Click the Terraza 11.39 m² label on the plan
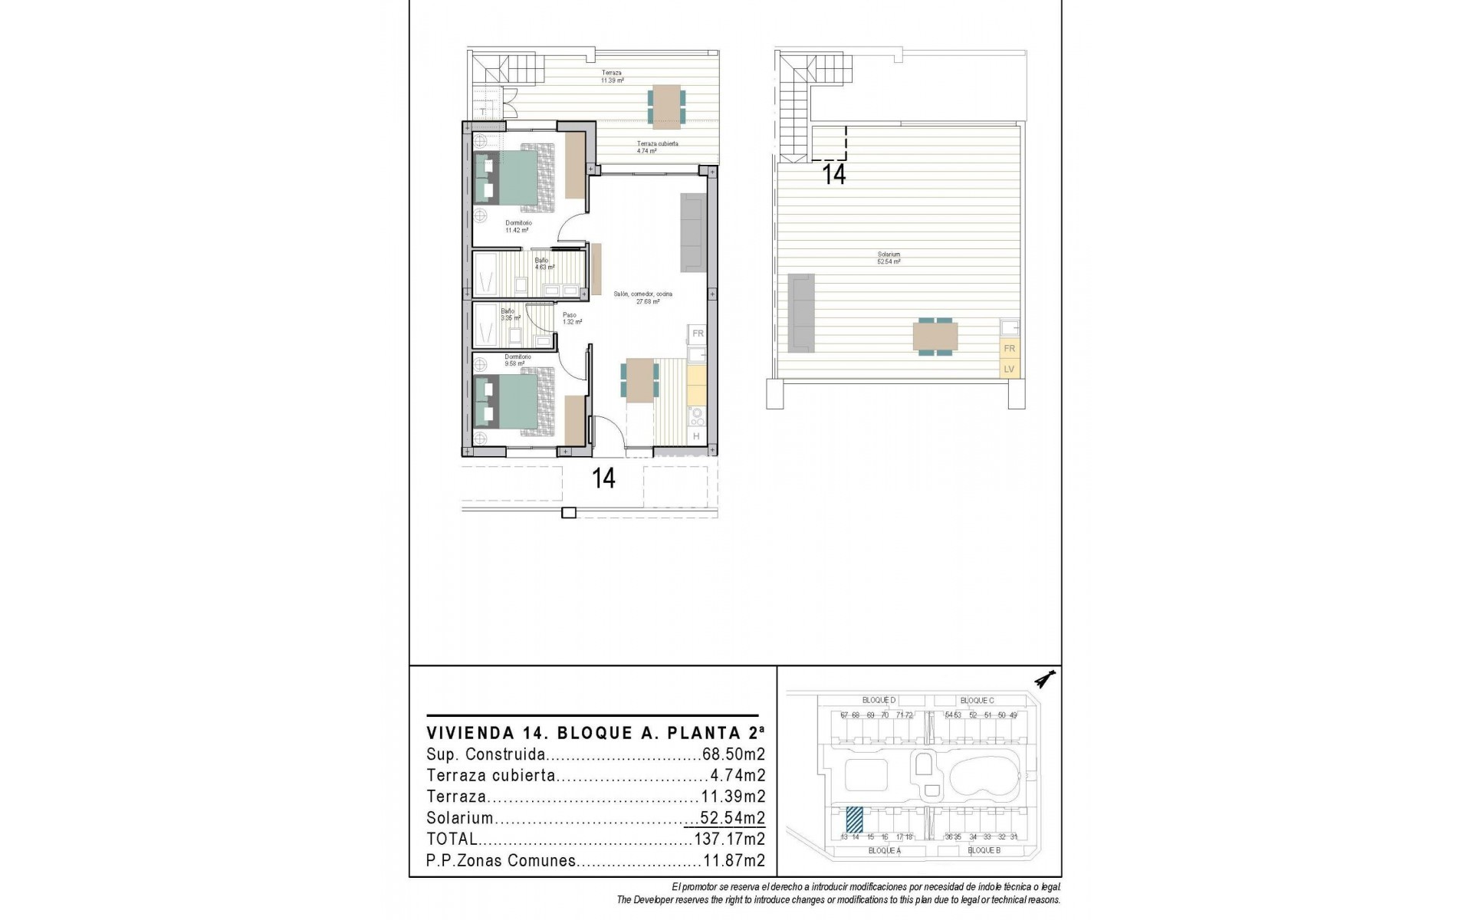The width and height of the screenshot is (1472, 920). coord(611,77)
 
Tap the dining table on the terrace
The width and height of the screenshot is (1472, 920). coord(665,105)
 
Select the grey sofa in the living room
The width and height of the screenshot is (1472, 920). coord(692,232)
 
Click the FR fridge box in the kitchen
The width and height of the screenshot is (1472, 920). coord(698,333)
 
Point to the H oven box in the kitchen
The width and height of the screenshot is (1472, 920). coord(696,436)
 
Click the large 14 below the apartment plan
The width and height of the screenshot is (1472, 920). coord(603,479)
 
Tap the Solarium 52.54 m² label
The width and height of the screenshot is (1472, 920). coord(889,258)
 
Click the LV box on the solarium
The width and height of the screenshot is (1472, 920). coord(1009,369)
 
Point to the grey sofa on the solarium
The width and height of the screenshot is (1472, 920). coord(801,312)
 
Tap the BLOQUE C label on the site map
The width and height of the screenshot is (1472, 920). coord(977,701)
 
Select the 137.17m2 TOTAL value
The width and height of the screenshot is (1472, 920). coord(729,839)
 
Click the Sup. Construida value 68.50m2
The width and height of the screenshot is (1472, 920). coord(734,754)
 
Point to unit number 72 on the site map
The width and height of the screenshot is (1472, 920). coord(909,715)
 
